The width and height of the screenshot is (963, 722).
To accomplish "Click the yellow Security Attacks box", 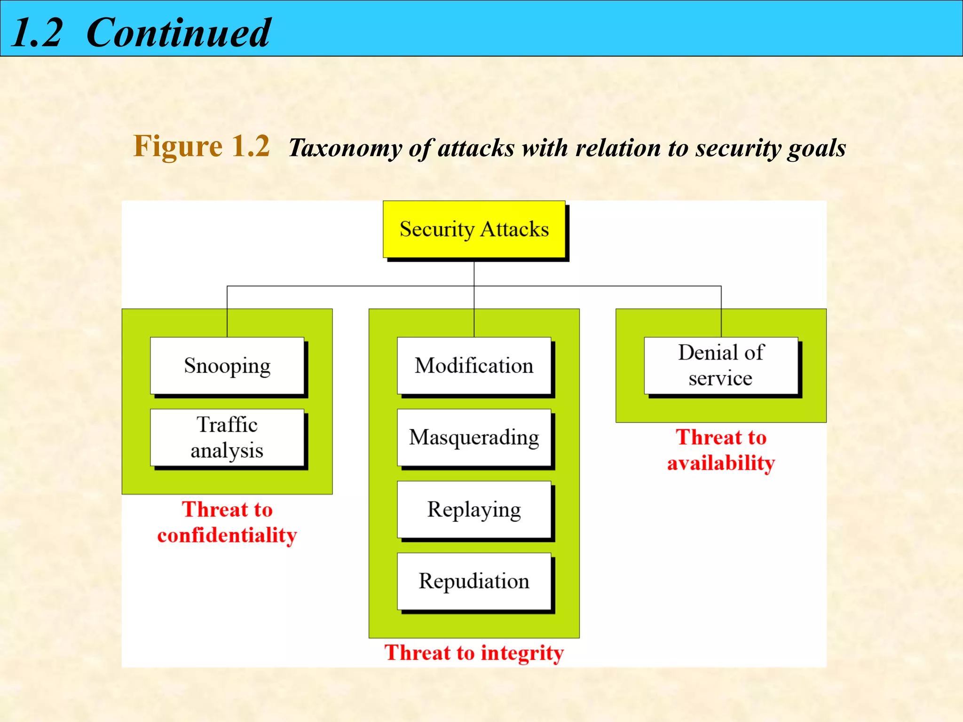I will click(x=474, y=229).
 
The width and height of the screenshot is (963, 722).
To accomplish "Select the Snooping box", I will click(x=227, y=365).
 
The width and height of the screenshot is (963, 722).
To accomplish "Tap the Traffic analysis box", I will click(x=227, y=437).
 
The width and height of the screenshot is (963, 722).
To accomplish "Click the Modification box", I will click(x=474, y=365).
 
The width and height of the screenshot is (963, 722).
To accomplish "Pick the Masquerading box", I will click(x=474, y=437).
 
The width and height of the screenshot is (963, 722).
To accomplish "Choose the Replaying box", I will click(x=474, y=509).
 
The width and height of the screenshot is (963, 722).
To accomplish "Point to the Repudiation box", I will click(x=474, y=581).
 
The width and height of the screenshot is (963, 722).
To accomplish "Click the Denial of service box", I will click(x=721, y=365).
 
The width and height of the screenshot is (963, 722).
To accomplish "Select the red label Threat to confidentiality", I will click(x=227, y=522).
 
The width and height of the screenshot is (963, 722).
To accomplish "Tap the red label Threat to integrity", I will click(x=474, y=653).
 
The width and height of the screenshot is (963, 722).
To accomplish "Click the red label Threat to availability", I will click(x=721, y=450).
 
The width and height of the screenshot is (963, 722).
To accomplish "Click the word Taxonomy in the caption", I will click(x=345, y=148).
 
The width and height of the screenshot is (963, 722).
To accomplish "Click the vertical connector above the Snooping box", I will click(x=227, y=311).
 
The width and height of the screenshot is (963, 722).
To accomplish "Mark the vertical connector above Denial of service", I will click(x=721, y=311).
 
